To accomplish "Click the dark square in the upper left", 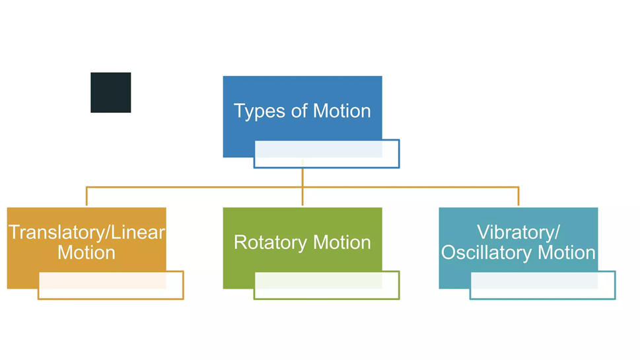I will tap(110, 92).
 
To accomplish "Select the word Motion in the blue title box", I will tap(341, 110).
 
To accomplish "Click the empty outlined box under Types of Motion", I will tap(326, 154).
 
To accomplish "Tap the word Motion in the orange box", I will tap(87, 252).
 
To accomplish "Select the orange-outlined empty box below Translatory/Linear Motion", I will tap(110, 285).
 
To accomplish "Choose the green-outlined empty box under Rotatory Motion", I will tap(326, 285).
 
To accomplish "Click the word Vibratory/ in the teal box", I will tap(518, 233).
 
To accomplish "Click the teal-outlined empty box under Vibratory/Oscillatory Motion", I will tap(542, 285).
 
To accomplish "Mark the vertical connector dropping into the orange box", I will tap(87, 198).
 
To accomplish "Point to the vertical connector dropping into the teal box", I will tap(518, 198).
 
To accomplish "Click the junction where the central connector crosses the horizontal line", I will tap(302, 188).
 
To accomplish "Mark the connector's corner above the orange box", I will tap(87, 188).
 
